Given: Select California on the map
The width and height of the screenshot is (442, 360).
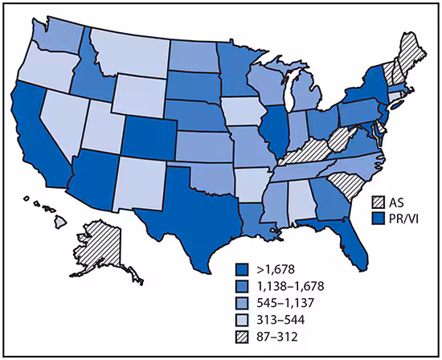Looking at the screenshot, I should (x=32, y=137).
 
